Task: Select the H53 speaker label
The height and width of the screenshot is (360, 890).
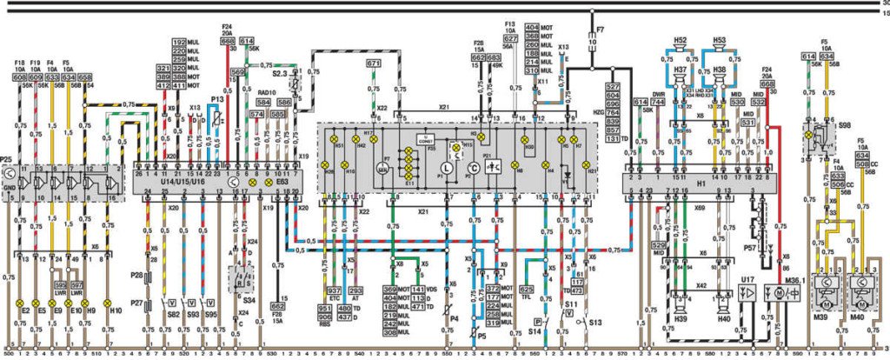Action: [x=719, y=40]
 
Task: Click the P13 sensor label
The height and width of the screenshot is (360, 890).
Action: [x=217, y=100]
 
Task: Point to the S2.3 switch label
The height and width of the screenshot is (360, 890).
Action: [x=278, y=75]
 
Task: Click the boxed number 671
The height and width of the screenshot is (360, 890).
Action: [x=373, y=63]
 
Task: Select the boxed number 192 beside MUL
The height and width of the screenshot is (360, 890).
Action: [x=180, y=43]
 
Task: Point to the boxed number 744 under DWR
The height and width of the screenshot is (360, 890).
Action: [x=658, y=103]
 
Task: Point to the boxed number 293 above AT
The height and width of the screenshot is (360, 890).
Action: [x=355, y=290]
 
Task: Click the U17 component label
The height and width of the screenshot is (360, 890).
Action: [x=746, y=279]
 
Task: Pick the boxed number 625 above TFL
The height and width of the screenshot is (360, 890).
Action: [x=526, y=289]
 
